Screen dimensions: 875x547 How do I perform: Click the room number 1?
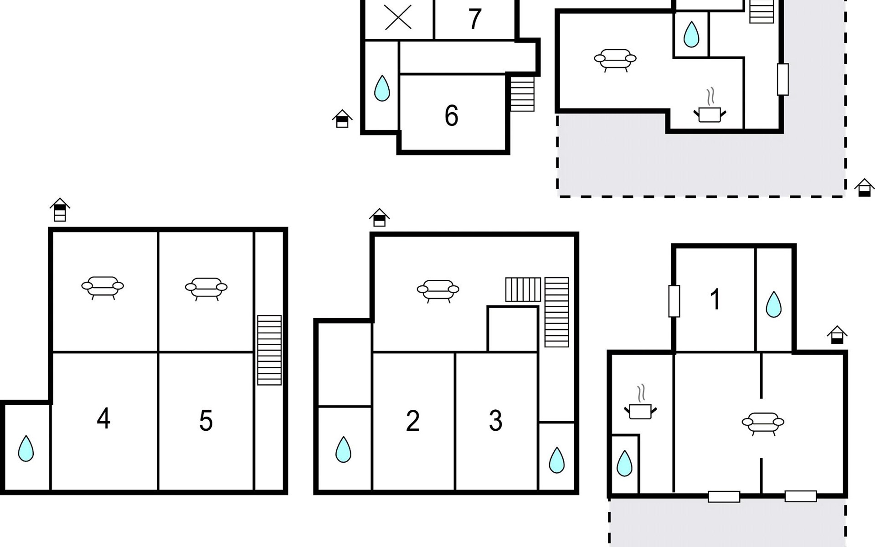[x=715, y=299]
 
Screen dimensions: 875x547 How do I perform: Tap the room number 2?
[x=413, y=421]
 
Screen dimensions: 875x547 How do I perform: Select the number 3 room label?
[x=495, y=421]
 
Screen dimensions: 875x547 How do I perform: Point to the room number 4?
[x=103, y=418]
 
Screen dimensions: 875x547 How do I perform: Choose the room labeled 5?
[x=206, y=421]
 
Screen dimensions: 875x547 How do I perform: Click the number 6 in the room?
[x=451, y=115]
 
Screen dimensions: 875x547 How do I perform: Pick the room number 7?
[x=475, y=19]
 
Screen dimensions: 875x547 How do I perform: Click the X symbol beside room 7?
[x=398, y=18]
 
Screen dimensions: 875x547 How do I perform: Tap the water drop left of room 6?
[x=382, y=88]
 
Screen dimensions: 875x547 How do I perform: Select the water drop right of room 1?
[x=773, y=304]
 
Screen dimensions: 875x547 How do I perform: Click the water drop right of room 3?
[x=556, y=460]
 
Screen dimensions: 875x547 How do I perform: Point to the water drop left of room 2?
[x=343, y=449]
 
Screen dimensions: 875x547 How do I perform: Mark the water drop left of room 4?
[x=26, y=449]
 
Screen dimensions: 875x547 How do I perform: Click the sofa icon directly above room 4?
[x=103, y=288]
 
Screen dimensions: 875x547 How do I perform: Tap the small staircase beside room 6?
[x=522, y=94]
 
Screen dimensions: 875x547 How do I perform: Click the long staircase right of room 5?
[x=269, y=350]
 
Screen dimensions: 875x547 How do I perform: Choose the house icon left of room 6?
[x=342, y=119]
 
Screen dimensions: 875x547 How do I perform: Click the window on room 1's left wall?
[x=674, y=301]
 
